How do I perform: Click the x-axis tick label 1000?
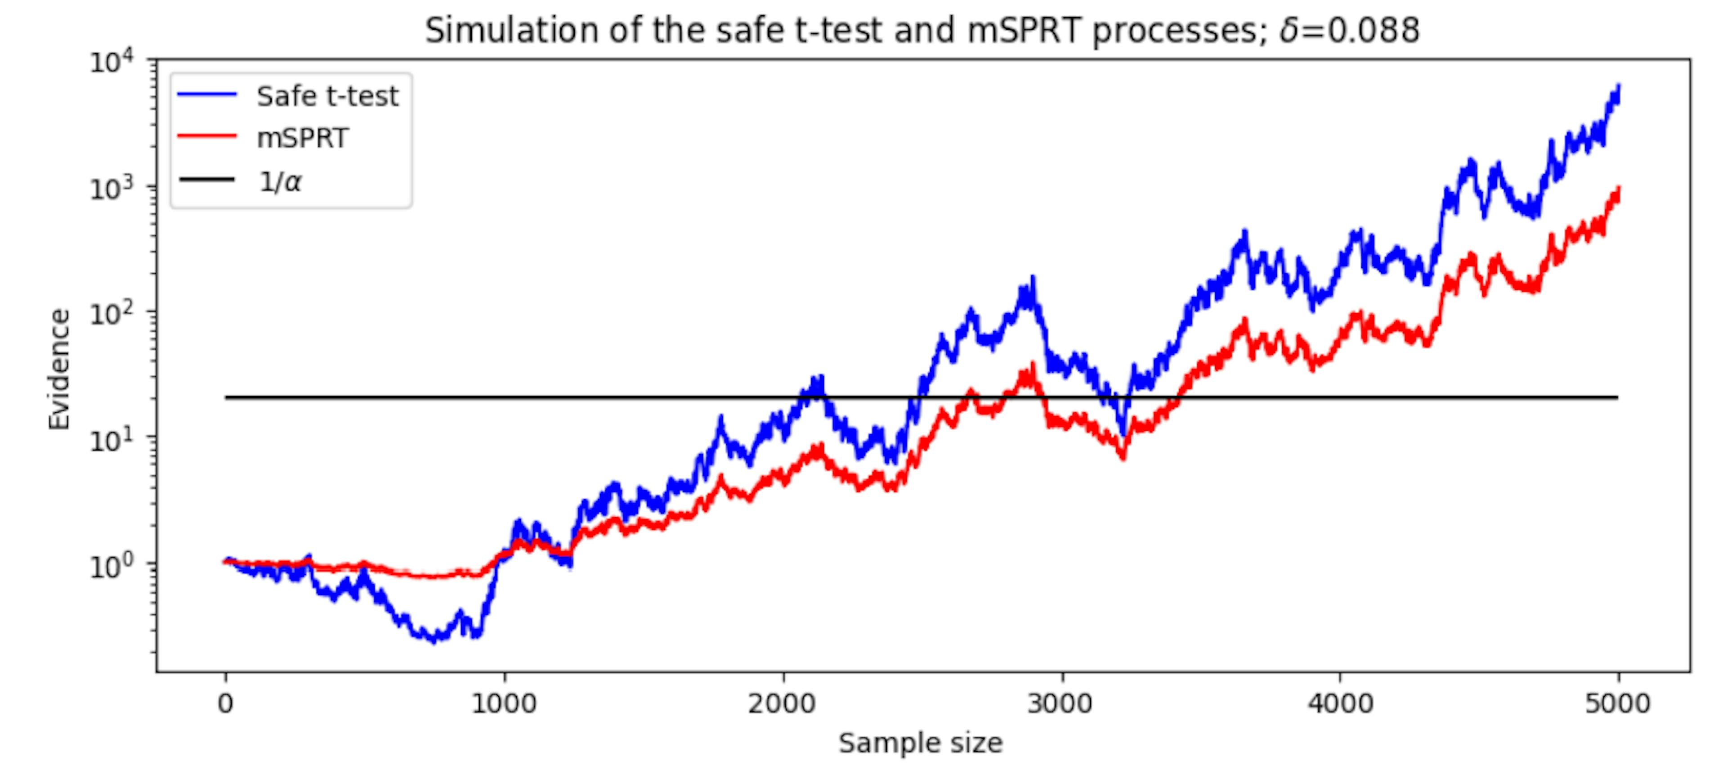[x=504, y=704]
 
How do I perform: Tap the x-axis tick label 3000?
[x=1062, y=704]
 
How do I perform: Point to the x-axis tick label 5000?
[x=1618, y=704]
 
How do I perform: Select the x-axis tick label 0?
[x=225, y=704]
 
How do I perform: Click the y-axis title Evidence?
[x=59, y=369]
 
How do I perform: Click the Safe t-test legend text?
[x=327, y=97]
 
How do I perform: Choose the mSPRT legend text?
[x=302, y=138]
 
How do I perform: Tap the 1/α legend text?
[x=280, y=181]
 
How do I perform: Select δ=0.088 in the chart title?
[x=1349, y=31]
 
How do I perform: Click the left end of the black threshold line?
[x=227, y=398]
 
